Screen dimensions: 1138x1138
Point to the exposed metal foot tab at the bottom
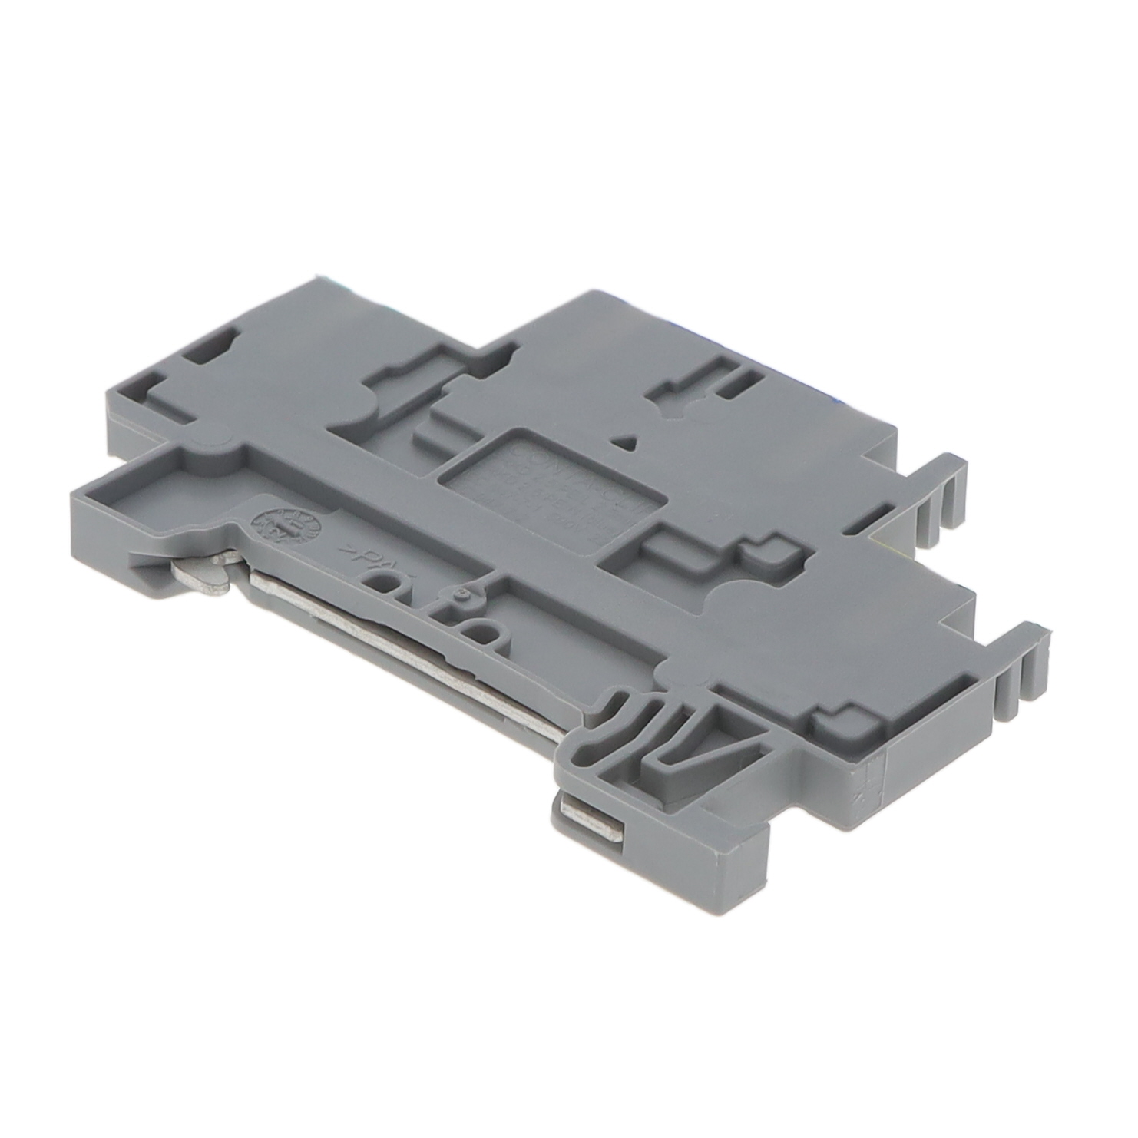pyautogui.click(x=591, y=825)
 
